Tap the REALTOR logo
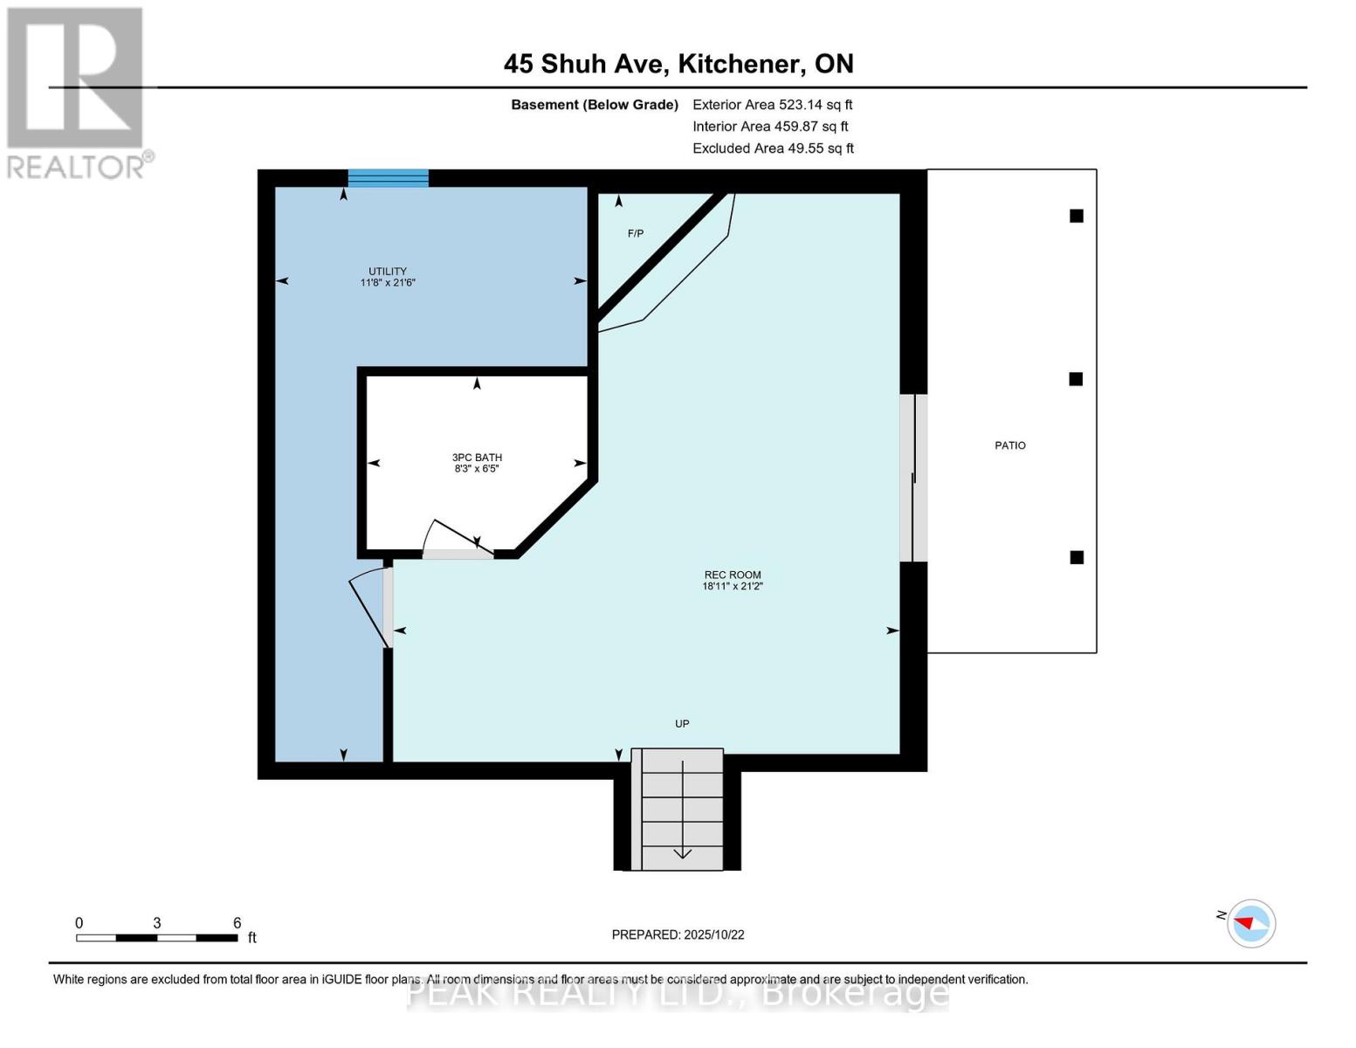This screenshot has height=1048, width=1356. pyautogui.click(x=77, y=93)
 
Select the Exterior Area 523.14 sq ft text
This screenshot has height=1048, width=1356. pyautogui.click(x=772, y=105)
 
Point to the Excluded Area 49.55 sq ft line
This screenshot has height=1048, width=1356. pyautogui.click(x=773, y=148)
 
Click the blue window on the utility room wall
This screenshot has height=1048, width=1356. pyautogui.click(x=388, y=178)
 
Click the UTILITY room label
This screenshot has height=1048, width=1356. pyautogui.click(x=388, y=272)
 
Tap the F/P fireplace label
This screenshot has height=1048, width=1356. pyautogui.click(x=636, y=233)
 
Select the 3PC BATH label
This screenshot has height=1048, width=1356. pyautogui.click(x=477, y=458)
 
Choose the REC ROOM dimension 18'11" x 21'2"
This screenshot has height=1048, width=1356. pyautogui.click(x=733, y=586)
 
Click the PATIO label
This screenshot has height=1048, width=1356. pyautogui.click(x=1010, y=445)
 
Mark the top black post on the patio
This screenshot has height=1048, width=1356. pyautogui.click(x=1077, y=216)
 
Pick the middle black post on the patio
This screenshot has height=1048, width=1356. pyautogui.click(x=1076, y=379)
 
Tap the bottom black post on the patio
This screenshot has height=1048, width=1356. pyautogui.click(x=1077, y=557)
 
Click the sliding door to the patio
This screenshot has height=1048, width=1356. pyautogui.click(x=913, y=478)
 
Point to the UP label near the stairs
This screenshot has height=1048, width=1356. pyautogui.click(x=682, y=723)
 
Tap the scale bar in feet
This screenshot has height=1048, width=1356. pyautogui.click(x=157, y=937)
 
